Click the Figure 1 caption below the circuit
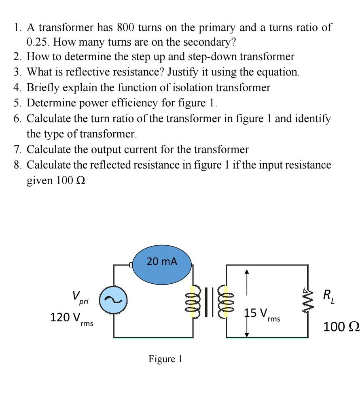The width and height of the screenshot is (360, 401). point(165,359)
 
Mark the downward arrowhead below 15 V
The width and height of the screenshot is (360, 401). point(248,334)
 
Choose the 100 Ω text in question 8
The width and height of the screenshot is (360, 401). point(66,180)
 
